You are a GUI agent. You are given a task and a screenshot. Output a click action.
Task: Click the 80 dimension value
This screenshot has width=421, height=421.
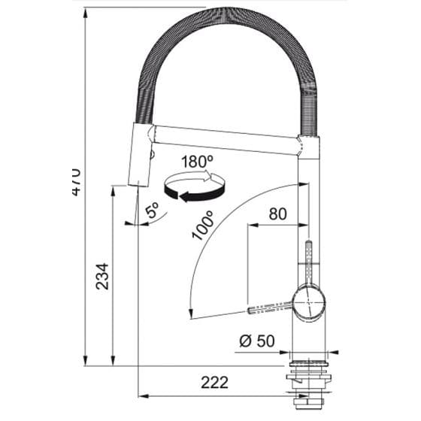coord(277,214)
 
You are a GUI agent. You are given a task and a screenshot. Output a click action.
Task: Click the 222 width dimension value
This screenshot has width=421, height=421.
coord(214,383)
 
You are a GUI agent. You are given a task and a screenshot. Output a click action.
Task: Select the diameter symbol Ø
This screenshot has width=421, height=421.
coord(245,341)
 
